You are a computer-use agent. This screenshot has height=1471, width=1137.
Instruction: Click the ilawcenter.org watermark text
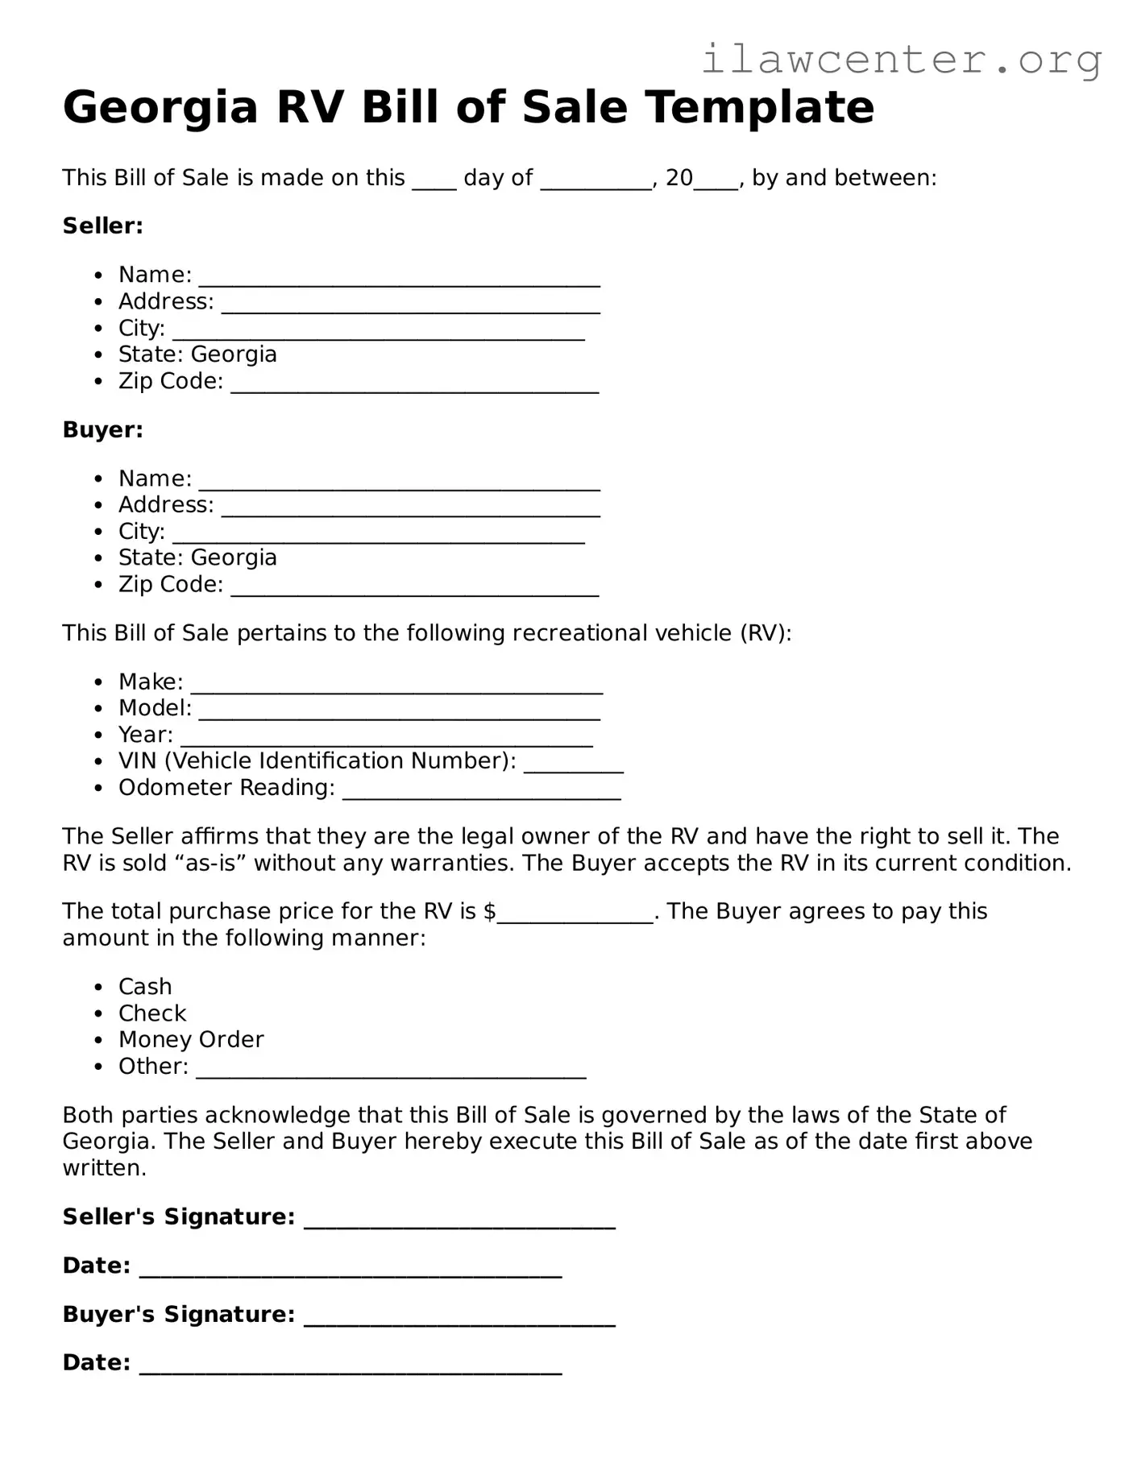pos(901,60)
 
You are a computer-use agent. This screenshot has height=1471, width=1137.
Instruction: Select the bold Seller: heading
pos(102,226)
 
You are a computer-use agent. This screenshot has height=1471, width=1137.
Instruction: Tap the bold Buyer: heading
pos(102,429)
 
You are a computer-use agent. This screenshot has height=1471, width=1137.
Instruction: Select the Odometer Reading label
pos(226,787)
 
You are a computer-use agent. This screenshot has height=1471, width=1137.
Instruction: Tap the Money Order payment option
pos(191,1039)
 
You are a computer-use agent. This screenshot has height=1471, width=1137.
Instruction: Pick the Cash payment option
pos(145,987)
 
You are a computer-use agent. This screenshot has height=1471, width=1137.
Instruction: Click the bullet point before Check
pos(98,1013)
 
